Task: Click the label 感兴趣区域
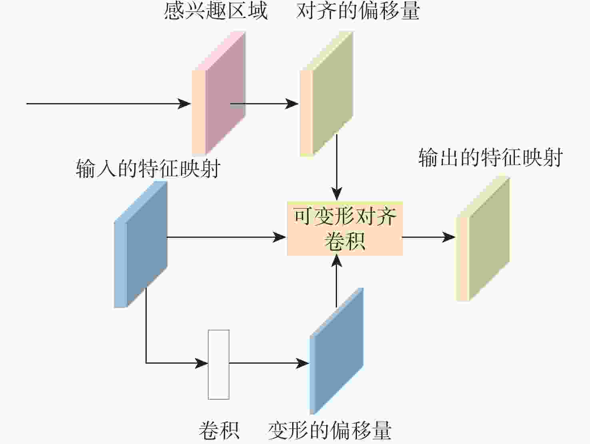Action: pos(216,11)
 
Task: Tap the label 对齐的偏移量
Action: pos(358,11)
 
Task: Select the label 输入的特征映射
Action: pos(148,168)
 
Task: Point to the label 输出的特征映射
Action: pos(490,157)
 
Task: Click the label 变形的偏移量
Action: pos(330,430)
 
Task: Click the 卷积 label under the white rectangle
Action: pos(219,430)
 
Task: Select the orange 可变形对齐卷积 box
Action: pos(345,228)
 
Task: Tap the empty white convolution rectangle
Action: pos(219,364)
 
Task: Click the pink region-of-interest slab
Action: pos(219,93)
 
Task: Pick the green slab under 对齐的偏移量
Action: pos(326,94)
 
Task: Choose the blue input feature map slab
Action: pos(141,244)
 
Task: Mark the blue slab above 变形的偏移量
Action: pos(336,351)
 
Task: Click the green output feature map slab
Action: pos(482,239)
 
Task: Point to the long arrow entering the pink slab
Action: pos(109,104)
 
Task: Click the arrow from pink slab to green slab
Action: pos(265,104)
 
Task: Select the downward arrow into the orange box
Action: pos(337,167)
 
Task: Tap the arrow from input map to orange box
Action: pos(227,237)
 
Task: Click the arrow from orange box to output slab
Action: pos(429,237)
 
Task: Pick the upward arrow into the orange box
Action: pos(337,281)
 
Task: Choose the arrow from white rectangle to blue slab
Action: pos(269,363)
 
